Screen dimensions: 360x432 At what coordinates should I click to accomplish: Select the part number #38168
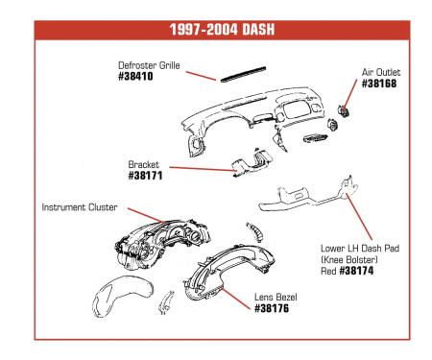379,84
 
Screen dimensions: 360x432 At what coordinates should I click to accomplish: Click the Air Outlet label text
381,72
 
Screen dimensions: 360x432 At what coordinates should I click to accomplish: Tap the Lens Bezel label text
276,297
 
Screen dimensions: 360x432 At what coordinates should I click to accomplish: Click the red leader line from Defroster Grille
201,75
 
